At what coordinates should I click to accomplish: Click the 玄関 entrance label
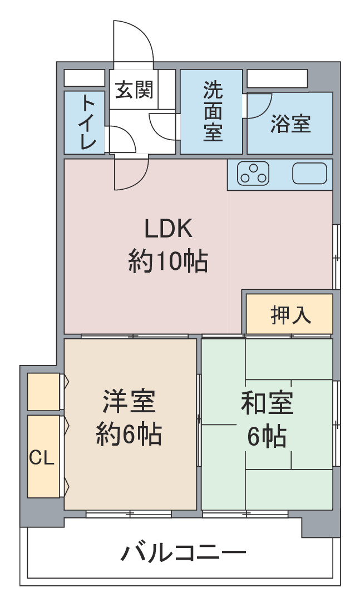point(134,90)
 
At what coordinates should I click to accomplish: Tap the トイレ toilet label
point(88,122)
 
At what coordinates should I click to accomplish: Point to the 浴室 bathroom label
point(290,124)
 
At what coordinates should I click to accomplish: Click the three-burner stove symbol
point(253,174)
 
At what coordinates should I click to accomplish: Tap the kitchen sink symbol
point(310,174)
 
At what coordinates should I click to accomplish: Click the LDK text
point(168,229)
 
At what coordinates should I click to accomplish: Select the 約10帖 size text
point(168,261)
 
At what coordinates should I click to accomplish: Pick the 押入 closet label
point(290,314)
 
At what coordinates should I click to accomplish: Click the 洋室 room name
point(129,402)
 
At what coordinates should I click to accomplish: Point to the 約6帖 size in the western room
point(129,434)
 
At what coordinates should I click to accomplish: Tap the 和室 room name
point(267,403)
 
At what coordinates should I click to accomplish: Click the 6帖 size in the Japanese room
point(267,436)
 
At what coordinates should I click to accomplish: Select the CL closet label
point(41,458)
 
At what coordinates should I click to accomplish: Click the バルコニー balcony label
point(183,553)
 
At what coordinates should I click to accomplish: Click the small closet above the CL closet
point(43,391)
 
